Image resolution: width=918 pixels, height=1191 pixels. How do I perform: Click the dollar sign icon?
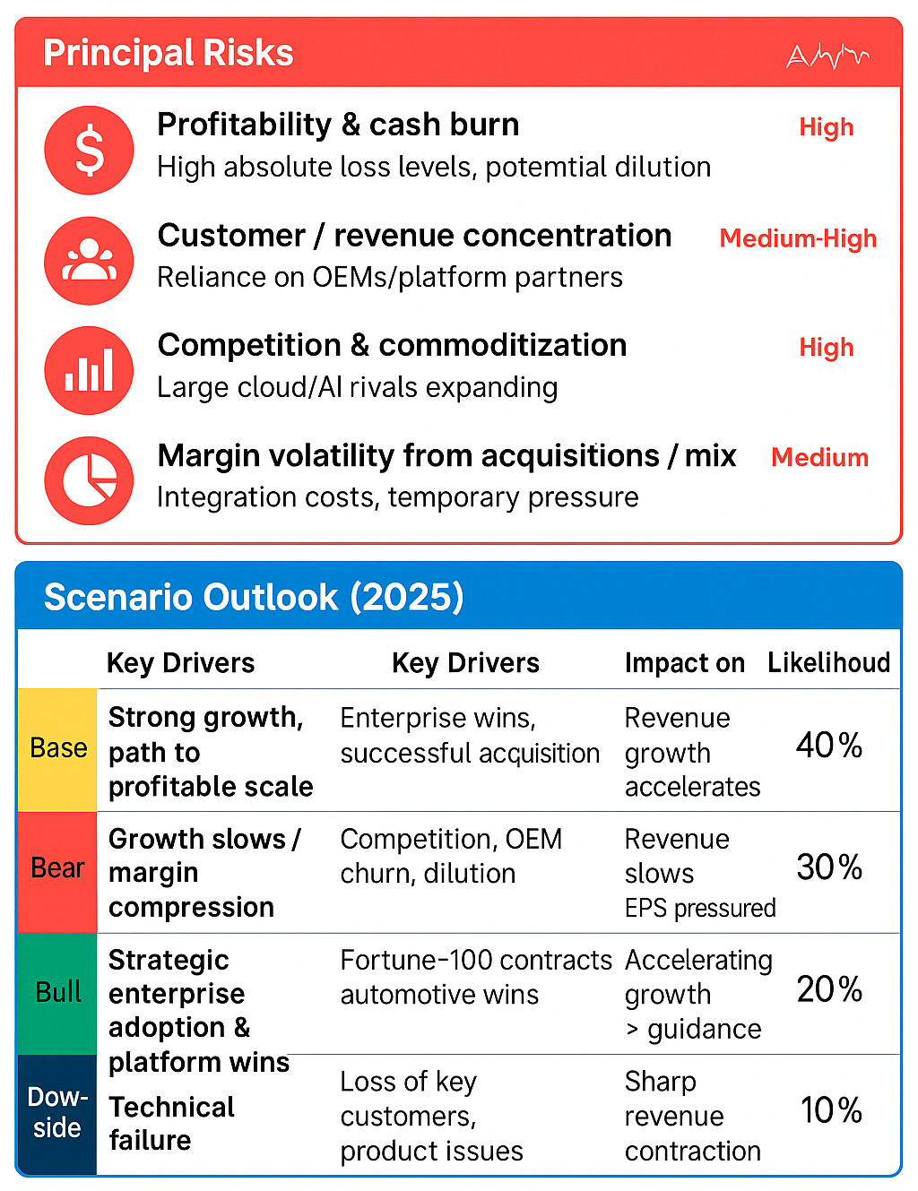(89, 150)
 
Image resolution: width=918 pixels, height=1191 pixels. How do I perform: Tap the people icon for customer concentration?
(89, 261)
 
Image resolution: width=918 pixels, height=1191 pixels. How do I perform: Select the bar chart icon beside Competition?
(89, 370)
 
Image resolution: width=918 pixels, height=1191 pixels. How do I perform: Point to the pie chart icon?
(89, 480)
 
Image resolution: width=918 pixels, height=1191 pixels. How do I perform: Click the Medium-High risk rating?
(798, 238)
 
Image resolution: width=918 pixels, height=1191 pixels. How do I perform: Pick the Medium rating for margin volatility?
(819, 458)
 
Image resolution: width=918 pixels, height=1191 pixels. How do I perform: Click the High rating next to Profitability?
(826, 127)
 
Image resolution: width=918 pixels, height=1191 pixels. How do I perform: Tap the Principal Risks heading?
(169, 53)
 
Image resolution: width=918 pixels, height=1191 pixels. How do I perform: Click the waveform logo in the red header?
(827, 56)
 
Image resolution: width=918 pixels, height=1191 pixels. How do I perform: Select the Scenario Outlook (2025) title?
(254, 597)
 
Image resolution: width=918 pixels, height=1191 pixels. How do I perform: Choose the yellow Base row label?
(58, 748)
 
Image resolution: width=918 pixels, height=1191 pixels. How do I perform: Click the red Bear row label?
(58, 868)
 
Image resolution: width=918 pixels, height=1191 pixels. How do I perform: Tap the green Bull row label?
(58, 992)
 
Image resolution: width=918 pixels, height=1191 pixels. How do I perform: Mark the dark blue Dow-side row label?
(57, 1113)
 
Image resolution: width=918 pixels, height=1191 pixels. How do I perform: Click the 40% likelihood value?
(829, 746)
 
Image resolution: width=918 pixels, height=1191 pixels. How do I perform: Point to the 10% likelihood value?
(831, 1110)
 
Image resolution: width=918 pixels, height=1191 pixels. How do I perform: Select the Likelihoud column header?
(828, 662)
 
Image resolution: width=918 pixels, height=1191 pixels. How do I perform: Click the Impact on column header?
(684, 663)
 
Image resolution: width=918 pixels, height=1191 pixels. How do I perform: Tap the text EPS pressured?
(700, 909)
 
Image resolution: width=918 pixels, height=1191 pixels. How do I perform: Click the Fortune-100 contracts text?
(476, 961)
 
